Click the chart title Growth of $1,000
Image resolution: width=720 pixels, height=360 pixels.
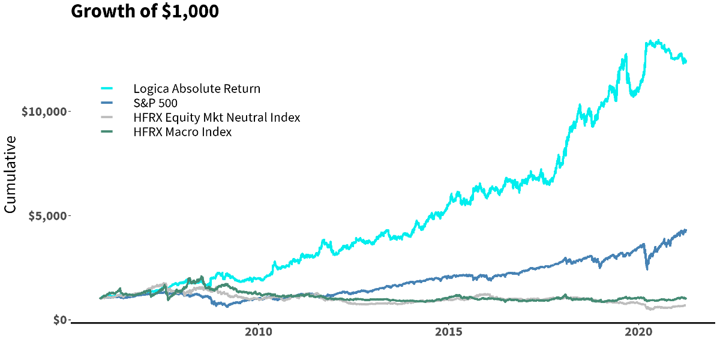pyautogui.click(x=145, y=11)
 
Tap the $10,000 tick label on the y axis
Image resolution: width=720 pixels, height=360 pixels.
pyautogui.click(x=44, y=112)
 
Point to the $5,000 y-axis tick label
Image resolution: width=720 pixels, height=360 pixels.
pyautogui.click(x=47, y=215)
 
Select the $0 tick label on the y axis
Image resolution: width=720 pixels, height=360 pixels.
pyautogui.click(x=59, y=320)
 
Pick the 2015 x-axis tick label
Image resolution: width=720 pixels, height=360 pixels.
pyautogui.click(x=449, y=332)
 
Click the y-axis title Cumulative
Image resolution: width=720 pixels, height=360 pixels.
pyautogui.click(x=10, y=174)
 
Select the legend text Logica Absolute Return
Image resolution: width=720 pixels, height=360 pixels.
pyautogui.click(x=197, y=89)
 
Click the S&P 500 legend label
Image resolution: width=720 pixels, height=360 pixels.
pyautogui.click(x=155, y=103)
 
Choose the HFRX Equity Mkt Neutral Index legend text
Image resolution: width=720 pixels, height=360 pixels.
pyautogui.click(x=217, y=118)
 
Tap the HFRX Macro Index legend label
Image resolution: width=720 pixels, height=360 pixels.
pyautogui.click(x=182, y=132)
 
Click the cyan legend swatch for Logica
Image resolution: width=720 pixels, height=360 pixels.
pyautogui.click(x=107, y=89)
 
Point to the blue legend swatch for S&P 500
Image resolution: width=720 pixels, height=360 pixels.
pyautogui.click(x=107, y=103)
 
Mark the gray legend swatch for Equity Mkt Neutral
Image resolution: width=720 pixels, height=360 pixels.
pyautogui.click(x=107, y=118)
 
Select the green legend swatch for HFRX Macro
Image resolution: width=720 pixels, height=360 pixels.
pyautogui.click(x=107, y=132)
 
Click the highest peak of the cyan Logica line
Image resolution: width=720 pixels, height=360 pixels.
pyautogui.click(x=658, y=41)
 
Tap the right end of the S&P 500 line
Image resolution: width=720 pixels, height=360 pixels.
pyautogui.click(x=686, y=230)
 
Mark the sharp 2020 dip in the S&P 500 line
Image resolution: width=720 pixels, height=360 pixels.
pyautogui.click(x=647, y=268)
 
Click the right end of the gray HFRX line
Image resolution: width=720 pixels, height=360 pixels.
pyautogui.click(x=685, y=305)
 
